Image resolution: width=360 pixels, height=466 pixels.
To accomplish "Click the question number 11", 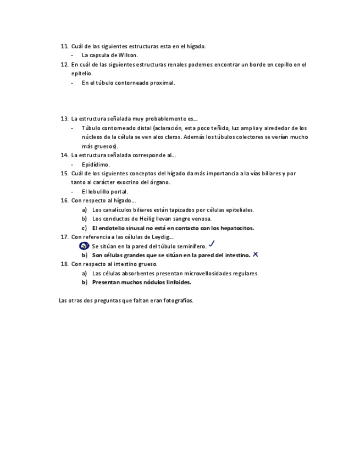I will point(63,46).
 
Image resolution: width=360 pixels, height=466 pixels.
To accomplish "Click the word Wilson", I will point(128,55).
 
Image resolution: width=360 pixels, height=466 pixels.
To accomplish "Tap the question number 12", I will point(63,64).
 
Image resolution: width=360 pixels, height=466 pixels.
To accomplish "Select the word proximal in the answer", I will point(163,82).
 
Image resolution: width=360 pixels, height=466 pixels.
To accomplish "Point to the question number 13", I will point(63,119).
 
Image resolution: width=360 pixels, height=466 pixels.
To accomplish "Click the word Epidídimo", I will point(96,164).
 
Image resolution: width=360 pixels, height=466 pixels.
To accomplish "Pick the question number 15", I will point(63,173).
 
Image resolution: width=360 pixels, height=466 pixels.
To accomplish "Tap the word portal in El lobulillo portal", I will point(119,192).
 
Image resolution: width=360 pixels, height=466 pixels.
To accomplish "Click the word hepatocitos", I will point(232,228).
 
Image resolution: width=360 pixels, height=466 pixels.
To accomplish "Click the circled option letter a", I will point(84,246).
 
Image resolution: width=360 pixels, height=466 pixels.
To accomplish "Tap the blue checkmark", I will point(212,243).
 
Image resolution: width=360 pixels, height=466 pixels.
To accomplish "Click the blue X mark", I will point(255,254).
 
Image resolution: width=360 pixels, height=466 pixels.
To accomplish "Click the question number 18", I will point(63,264).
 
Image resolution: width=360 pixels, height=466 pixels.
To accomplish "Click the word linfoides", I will point(177,282).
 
